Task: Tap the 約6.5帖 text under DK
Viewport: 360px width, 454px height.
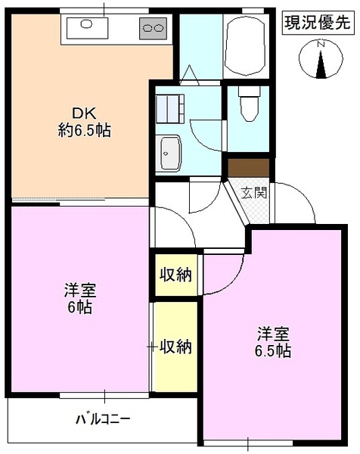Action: (84, 130)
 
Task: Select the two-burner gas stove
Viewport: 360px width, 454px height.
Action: (154, 28)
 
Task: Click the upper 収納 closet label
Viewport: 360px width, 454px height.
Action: (174, 273)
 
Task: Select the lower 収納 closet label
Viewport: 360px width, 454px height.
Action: (175, 347)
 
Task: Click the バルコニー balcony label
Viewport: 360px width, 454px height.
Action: (103, 418)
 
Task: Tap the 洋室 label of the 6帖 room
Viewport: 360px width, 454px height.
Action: (79, 290)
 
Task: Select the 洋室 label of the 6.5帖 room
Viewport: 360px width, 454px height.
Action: (273, 333)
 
